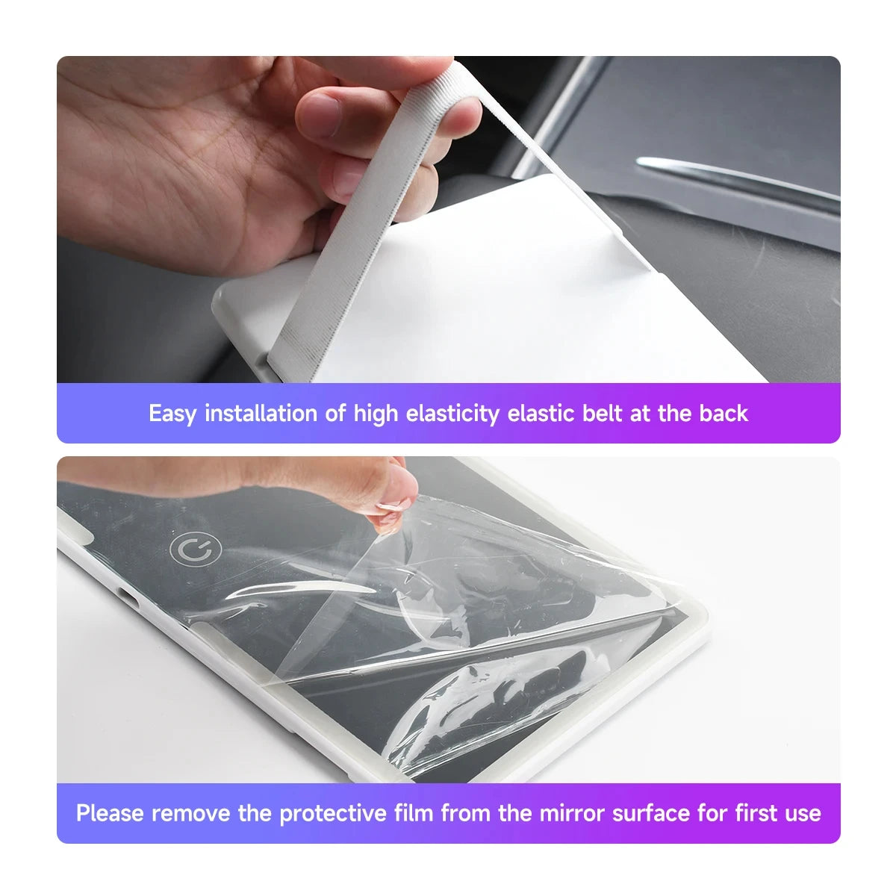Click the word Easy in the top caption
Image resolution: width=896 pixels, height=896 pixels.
(172, 413)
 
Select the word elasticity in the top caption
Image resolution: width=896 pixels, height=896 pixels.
(452, 413)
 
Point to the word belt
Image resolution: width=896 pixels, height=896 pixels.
(600, 413)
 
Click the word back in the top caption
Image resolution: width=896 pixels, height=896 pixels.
(724, 413)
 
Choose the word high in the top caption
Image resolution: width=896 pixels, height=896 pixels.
(376, 413)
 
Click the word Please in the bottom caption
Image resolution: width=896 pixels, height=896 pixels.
(110, 813)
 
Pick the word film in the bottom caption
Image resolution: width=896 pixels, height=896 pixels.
(414, 813)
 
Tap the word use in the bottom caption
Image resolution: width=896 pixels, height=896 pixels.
(803, 813)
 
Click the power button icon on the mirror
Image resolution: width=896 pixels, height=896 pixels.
(196, 550)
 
